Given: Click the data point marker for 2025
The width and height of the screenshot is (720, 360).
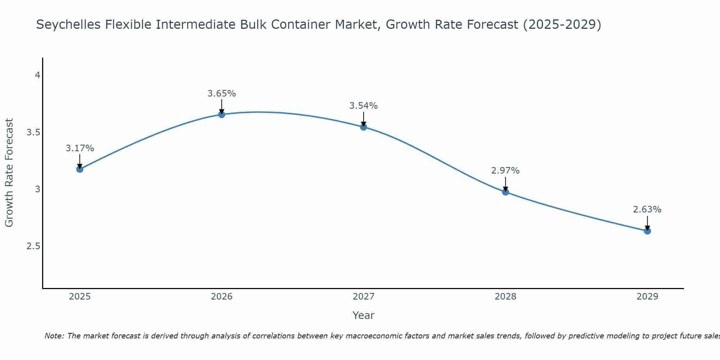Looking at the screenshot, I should tap(80, 169).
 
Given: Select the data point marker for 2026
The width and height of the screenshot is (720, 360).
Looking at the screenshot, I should tap(222, 114).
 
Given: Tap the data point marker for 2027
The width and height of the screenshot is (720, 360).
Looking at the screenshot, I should tap(364, 127).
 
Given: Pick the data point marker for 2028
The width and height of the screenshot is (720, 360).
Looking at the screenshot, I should tap(505, 192).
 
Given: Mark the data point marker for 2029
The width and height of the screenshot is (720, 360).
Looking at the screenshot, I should tap(647, 231).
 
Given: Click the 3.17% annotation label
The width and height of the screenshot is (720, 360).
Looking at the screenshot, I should tap(80, 148).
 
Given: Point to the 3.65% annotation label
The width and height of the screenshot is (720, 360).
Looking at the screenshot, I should tap(222, 94).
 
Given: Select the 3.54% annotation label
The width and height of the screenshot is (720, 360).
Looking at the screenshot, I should tap(364, 106).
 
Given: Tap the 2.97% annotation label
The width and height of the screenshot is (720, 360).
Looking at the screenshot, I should tap(505, 171).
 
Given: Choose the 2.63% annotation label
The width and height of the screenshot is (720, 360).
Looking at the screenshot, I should tap(647, 210).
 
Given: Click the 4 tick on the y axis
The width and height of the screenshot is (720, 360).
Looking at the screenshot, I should tap(37, 75).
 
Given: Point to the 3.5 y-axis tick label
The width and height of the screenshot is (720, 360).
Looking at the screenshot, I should tap(33, 132).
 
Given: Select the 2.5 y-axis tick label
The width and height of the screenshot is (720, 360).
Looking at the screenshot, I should tap(33, 246).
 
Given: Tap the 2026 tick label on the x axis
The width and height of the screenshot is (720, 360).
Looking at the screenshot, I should tap(222, 297).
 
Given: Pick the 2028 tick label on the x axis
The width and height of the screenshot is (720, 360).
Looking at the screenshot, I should tap(505, 297).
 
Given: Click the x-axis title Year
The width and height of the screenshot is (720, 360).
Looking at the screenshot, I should tap(364, 315).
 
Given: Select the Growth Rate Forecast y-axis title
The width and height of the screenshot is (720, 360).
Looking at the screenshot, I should tap(9, 173).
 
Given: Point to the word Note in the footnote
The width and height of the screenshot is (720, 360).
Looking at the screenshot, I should tap(54, 336).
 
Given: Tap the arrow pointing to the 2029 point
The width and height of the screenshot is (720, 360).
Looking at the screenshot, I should tap(647, 223).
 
